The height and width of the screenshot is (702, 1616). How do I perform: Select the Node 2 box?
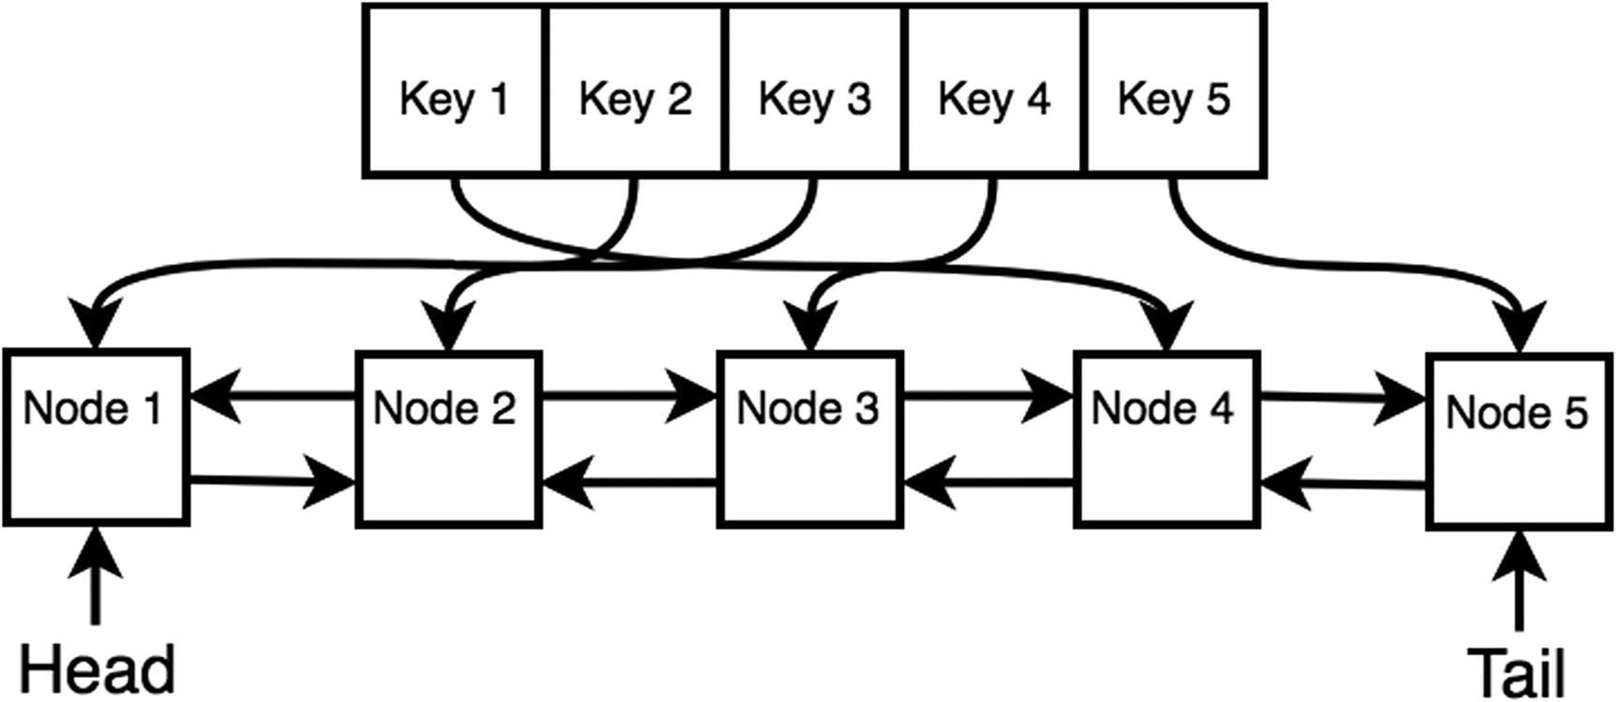pyautogui.click(x=449, y=439)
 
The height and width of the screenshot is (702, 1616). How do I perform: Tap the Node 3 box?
pyautogui.click(x=809, y=439)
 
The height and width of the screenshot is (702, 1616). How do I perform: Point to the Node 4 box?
pyautogui.click(x=1165, y=439)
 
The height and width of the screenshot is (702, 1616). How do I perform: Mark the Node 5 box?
pyautogui.click(x=1519, y=441)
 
